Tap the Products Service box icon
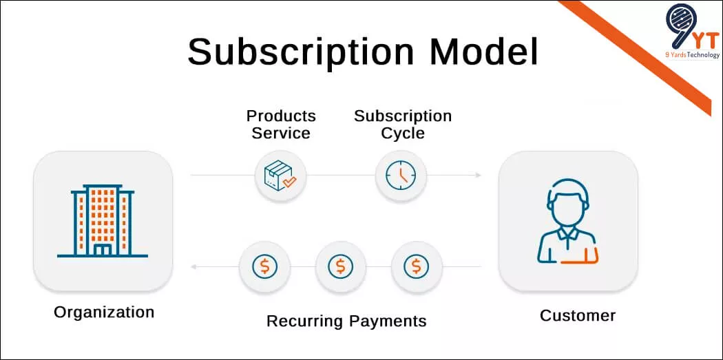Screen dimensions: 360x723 click(280, 176)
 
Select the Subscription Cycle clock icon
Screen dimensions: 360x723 click(401, 176)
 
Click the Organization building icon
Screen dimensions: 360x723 click(103, 220)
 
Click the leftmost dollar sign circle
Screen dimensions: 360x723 click(264, 266)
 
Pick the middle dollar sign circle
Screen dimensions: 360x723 click(340, 266)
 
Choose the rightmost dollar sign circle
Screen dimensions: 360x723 click(417, 266)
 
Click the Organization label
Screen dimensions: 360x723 click(104, 312)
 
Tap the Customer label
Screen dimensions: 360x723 click(577, 315)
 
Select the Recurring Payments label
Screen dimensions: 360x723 click(346, 321)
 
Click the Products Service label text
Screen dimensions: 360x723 click(281, 124)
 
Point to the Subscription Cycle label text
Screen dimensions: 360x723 click(403, 124)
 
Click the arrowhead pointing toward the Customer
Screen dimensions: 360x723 click(478, 176)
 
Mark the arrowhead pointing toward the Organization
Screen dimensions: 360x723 click(194, 266)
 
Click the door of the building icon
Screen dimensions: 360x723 click(103, 249)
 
